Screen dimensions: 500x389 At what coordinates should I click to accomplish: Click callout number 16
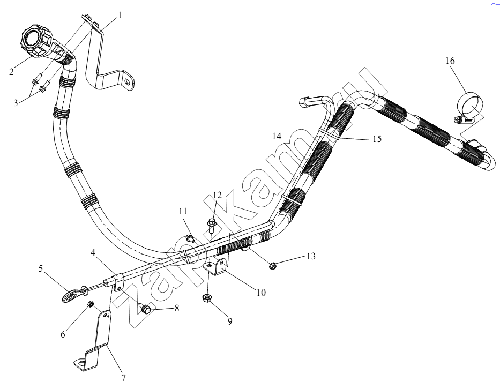pyautogui.click(x=450, y=61)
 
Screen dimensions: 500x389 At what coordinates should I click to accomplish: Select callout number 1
pyautogui.click(x=120, y=16)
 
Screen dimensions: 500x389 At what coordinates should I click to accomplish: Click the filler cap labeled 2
pyautogui.click(x=36, y=42)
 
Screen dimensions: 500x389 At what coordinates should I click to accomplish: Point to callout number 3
pyautogui.click(x=16, y=103)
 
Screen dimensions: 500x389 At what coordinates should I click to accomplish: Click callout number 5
pyautogui.click(x=41, y=269)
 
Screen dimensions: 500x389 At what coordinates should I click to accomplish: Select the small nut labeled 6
pyautogui.click(x=90, y=304)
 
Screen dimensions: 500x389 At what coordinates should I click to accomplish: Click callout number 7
pyautogui.click(x=123, y=378)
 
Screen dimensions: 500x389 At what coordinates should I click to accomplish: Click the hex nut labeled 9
pyautogui.click(x=207, y=298)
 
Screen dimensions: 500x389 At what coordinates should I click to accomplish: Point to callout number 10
pyautogui.click(x=261, y=293)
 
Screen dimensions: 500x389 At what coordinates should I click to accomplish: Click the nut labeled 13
pyautogui.click(x=273, y=265)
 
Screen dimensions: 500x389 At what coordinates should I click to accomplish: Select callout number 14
pyautogui.click(x=277, y=136)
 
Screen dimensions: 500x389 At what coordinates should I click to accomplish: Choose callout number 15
pyautogui.click(x=377, y=139)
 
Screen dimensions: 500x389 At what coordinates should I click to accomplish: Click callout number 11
pyautogui.click(x=183, y=211)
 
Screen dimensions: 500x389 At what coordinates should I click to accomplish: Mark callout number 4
pyautogui.click(x=93, y=252)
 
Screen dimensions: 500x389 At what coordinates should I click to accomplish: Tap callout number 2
pyautogui.click(x=11, y=72)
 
